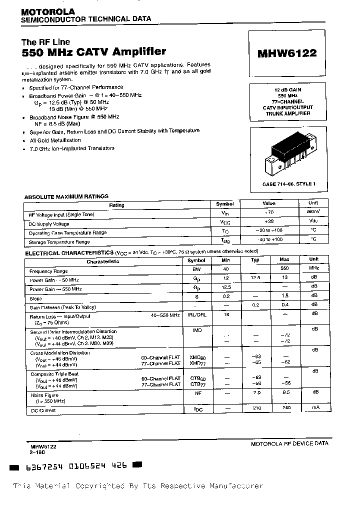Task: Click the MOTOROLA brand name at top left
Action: [48, 11]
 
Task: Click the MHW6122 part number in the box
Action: [286, 52]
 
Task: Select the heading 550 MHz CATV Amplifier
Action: [94, 51]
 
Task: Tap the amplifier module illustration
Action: [288, 153]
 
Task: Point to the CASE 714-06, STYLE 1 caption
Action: [288, 184]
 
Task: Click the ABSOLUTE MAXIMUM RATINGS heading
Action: [66, 196]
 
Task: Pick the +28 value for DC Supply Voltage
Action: [268, 223]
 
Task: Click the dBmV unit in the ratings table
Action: [312, 213]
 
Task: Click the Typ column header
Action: [255, 260]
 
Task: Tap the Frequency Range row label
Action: [48, 271]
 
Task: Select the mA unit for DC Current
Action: [313, 408]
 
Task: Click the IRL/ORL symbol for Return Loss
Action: [196, 315]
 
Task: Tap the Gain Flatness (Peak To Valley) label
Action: [62, 307]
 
